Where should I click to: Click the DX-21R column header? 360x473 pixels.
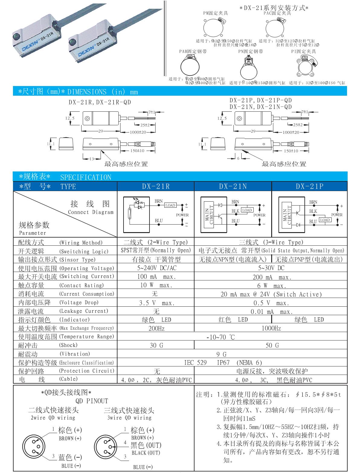pyautogui.click(x=156, y=187)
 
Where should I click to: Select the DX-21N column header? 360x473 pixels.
pyautogui.click(x=233, y=187)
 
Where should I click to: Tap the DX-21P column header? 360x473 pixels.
pyautogui.click(x=310, y=187)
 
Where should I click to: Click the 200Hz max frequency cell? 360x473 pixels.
pyautogui.click(x=156, y=328)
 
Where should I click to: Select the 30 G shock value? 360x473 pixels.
pyautogui.click(x=156, y=345)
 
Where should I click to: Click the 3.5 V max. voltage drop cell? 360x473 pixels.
pyautogui.click(x=156, y=303)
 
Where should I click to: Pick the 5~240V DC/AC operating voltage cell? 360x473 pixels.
pyautogui.click(x=156, y=268)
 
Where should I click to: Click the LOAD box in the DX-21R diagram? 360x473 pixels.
pyautogui.click(x=170, y=205)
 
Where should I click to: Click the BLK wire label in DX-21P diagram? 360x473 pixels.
pyautogui.click(x=313, y=211)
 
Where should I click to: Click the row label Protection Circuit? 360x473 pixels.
pyautogui.click(x=87, y=371)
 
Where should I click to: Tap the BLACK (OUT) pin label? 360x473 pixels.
pyautogui.click(x=146, y=453)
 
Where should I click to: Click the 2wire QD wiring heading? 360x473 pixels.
pyautogui.click(x=53, y=418)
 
